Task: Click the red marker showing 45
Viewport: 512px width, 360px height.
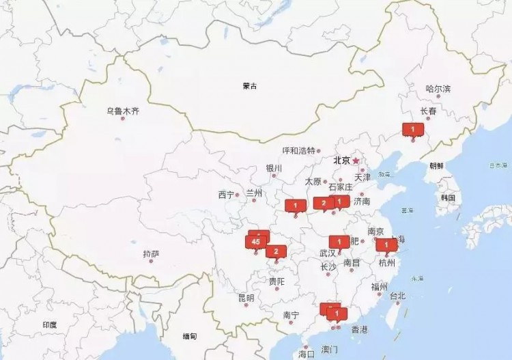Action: [x=255, y=242]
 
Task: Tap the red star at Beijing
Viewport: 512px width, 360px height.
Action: [x=356, y=161]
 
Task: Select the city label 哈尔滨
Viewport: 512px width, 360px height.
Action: [x=438, y=89]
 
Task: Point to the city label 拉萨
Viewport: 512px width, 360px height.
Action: [x=152, y=254]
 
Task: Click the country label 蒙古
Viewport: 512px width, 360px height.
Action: [x=250, y=86]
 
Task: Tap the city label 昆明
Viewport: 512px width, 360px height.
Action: [x=246, y=298]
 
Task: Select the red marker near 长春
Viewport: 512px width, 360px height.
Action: [x=412, y=128]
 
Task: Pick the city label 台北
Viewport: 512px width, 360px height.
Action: [x=397, y=296]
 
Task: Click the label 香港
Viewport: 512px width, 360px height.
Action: [x=359, y=330]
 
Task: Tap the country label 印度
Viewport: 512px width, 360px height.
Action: [x=50, y=325]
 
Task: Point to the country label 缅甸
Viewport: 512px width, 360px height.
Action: [x=189, y=336]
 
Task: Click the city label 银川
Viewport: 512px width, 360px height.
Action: [x=274, y=168]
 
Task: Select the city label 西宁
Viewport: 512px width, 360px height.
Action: [x=226, y=195]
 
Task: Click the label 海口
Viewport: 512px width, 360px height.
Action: [x=307, y=354]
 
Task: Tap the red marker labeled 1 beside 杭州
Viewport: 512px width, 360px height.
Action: [x=386, y=245]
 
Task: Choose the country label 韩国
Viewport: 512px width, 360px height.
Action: [x=448, y=197]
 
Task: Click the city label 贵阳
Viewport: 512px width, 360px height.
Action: [x=276, y=281]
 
